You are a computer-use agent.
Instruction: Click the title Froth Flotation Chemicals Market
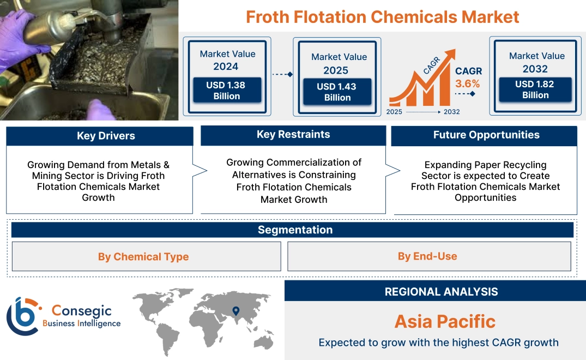(x=382, y=16)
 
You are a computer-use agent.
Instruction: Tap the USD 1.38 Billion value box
(x=227, y=90)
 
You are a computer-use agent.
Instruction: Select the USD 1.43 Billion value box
(x=337, y=92)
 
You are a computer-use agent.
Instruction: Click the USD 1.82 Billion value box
(x=535, y=89)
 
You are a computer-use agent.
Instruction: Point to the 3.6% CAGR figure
(x=468, y=83)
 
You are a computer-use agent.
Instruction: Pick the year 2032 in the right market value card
(x=535, y=69)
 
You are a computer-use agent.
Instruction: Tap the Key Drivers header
(x=106, y=136)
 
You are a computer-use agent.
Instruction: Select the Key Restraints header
(x=293, y=135)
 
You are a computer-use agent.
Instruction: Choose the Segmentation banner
(x=295, y=230)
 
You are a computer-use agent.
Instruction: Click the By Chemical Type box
(x=143, y=256)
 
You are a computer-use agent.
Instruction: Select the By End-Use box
(x=427, y=256)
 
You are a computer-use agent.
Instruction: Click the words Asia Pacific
(x=445, y=321)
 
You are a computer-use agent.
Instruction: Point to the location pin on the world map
(x=235, y=311)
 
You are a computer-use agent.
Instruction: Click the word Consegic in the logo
(x=82, y=311)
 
